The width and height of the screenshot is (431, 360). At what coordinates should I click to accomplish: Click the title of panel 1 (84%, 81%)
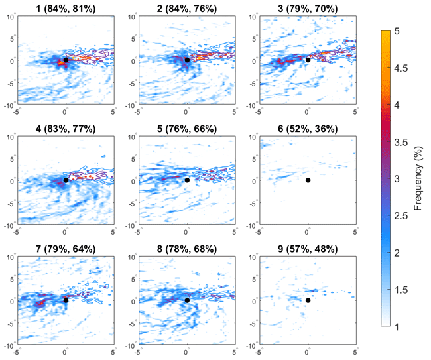pyautogui.click(x=65, y=8)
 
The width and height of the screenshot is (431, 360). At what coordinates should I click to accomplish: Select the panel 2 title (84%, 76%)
pyautogui.click(x=186, y=8)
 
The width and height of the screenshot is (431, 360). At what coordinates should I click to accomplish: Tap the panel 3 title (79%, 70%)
pyautogui.click(x=308, y=8)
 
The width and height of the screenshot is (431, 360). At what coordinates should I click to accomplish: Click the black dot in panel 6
pyautogui.click(x=308, y=180)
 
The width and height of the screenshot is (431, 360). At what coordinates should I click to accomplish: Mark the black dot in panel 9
pyautogui.click(x=308, y=300)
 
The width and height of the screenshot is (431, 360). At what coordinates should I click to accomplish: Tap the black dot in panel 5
pyautogui.click(x=187, y=180)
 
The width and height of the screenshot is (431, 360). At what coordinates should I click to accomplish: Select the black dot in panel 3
pyautogui.click(x=308, y=60)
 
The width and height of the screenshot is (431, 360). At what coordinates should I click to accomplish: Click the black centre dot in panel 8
pyautogui.click(x=187, y=300)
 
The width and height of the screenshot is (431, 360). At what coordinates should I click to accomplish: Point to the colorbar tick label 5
pyautogui.click(x=396, y=30)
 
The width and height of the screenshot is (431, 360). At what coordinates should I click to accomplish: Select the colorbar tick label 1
pyautogui.click(x=396, y=327)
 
